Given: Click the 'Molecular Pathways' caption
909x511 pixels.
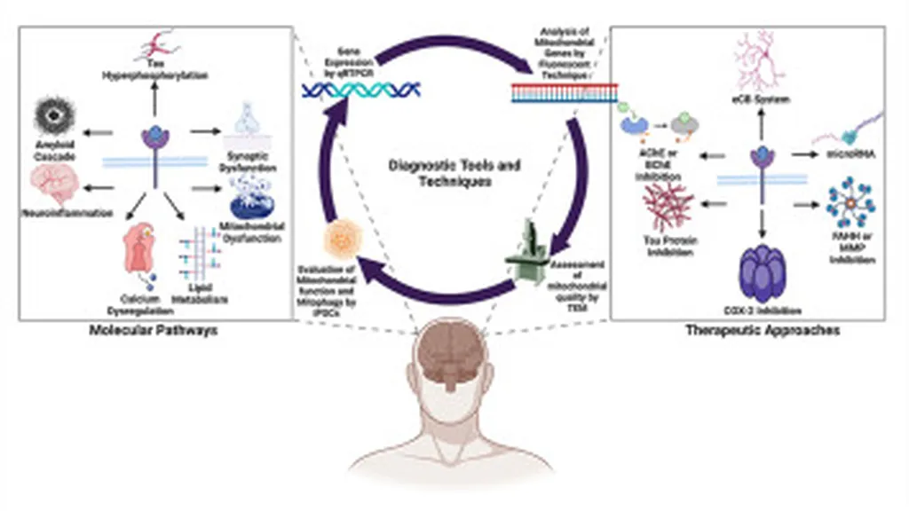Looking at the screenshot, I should point(154,330).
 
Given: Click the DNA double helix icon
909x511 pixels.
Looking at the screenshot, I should point(360,88).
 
